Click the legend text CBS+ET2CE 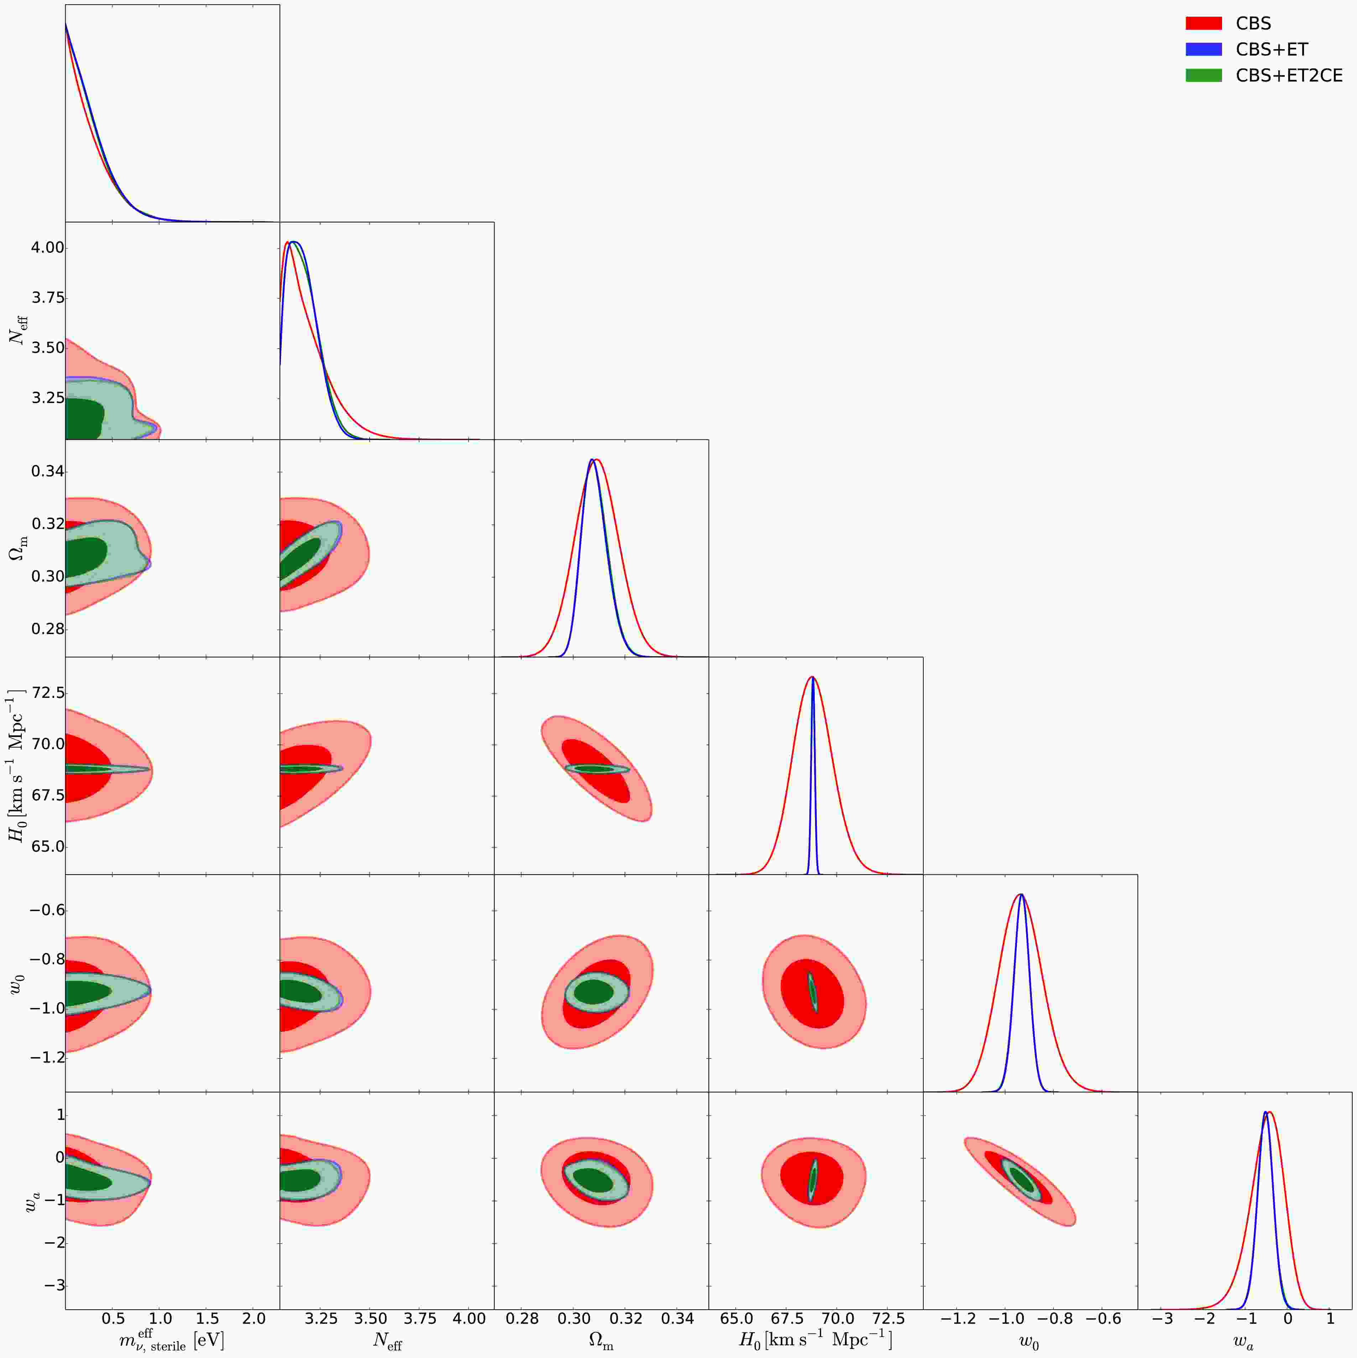pos(1289,75)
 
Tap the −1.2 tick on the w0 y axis pos(46,1057)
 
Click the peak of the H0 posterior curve pos(813,678)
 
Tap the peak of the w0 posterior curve pos(1021,895)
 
